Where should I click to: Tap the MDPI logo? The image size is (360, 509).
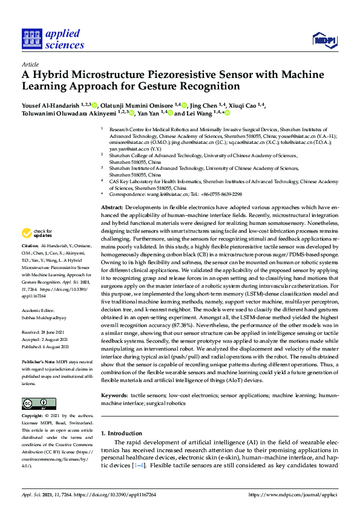pyautogui.click(x=326, y=41)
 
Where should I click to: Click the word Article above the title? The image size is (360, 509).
pyautogui.click(x=30, y=63)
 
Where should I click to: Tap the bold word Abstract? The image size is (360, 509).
pyautogui.click(x=113, y=207)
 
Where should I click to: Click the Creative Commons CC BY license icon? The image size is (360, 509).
pyautogui.click(x=34, y=403)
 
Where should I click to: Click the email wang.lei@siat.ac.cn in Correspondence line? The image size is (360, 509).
pyautogui.click(x=165, y=195)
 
